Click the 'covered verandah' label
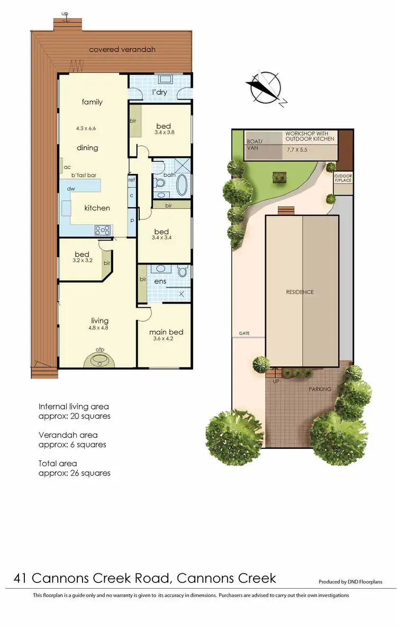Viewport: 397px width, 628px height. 122,50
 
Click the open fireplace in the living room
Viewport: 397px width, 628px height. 100,359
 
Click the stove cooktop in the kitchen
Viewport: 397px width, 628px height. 103,230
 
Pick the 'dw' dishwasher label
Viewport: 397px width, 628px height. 70,189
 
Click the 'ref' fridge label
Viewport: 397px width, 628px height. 131,180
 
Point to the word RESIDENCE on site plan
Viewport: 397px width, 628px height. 300,292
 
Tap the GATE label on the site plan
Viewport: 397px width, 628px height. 243,334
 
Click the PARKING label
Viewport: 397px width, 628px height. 320,389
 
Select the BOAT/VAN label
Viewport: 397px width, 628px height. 255,145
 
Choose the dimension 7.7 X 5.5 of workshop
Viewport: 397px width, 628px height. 296,150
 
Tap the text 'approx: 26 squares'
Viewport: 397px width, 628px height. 75,473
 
